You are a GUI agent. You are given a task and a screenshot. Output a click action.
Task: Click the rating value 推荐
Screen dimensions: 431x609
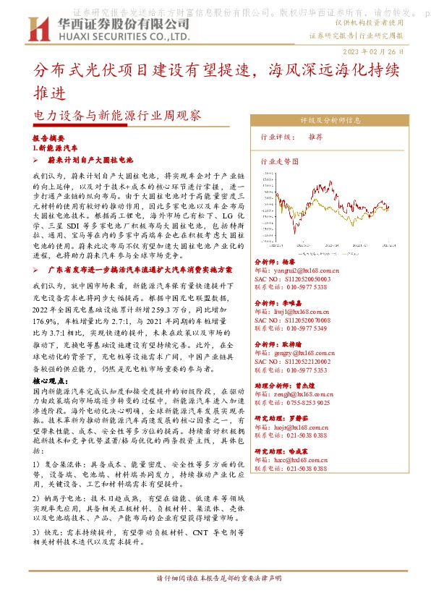pyautogui.click(x=315, y=137)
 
